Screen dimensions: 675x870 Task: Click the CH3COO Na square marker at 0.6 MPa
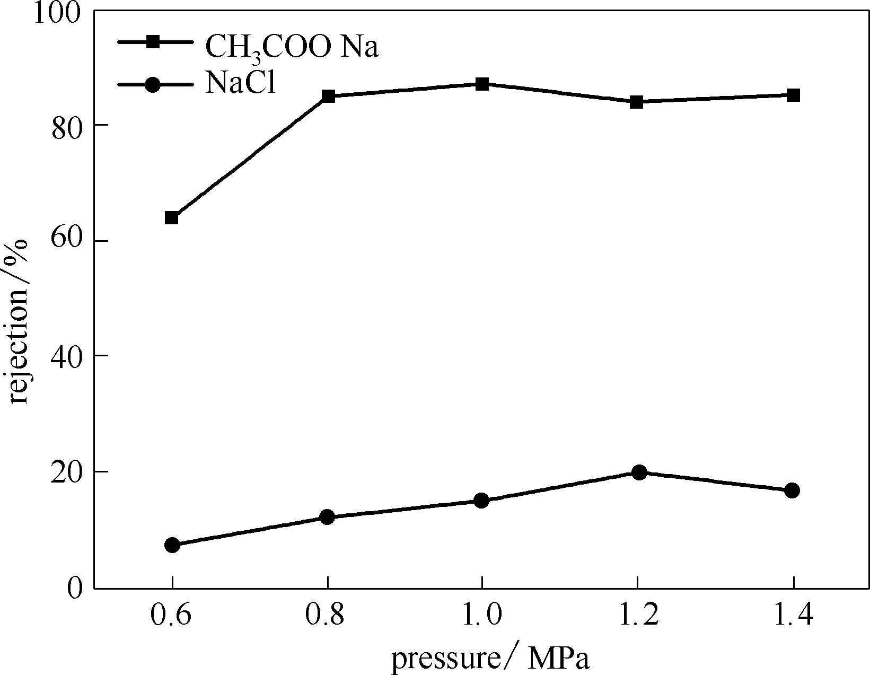point(171,217)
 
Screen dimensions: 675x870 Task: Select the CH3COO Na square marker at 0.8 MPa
point(328,97)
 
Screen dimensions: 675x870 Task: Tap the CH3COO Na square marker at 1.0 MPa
point(482,84)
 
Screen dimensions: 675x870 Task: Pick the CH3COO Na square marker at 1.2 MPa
point(637,102)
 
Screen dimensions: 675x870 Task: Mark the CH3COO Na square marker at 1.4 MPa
point(793,95)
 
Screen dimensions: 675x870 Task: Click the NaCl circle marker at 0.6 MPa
point(172,545)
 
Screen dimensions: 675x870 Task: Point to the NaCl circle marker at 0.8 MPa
point(328,517)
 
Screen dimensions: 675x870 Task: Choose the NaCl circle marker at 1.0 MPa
point(481,501)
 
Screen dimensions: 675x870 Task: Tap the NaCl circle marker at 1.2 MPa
point(639,472)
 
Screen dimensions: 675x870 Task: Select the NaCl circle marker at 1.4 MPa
point(792,490)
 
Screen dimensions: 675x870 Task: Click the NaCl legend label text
point(241,84)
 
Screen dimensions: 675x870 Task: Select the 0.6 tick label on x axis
point(172,617)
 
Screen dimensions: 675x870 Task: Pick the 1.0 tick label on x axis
point(481,617)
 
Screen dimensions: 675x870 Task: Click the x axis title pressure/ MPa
point(490,659)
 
